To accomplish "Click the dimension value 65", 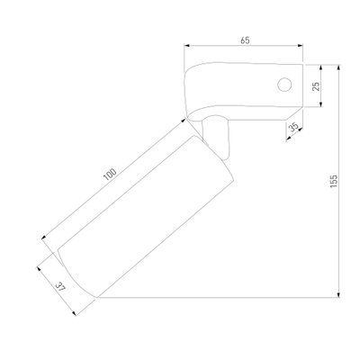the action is pyautogui.click(x=245, y=40).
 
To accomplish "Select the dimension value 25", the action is pyautogui.click(x=316, y=86).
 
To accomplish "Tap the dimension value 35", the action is pyautogui.click(x=293, y=127).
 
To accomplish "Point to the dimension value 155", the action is pyautogui.click(x=334, y=182).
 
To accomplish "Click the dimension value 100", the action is pyautogui.click(x=110, y=175).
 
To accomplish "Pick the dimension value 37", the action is pyautogui.click(x=61, y=287).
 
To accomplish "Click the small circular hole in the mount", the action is pyautogui.click(x=284, y=85).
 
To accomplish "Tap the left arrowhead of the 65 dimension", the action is pyautogui.click(x=187, y=46).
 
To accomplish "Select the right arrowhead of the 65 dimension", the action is pyautogui.click(x=300, y=46).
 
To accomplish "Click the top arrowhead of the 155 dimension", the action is pyautogui.click(x=339, y=67).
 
